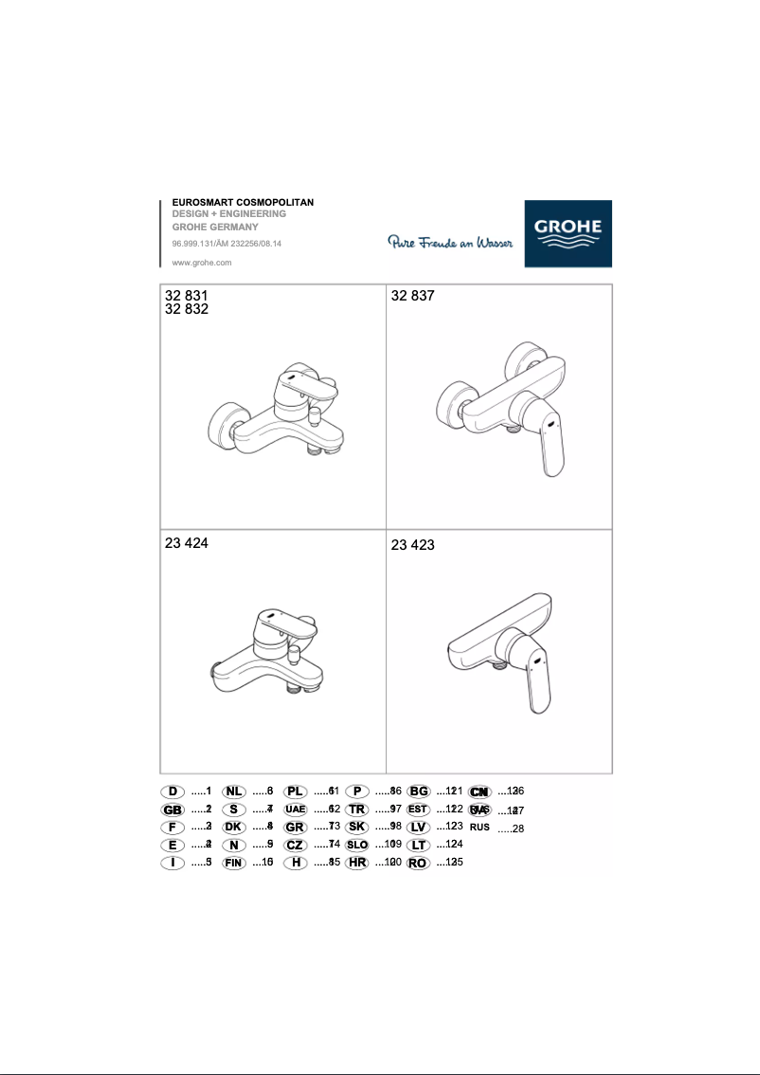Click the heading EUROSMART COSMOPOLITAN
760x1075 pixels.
pos(242,203)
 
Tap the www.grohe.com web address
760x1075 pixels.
pos(202,263)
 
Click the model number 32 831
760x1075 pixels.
pos(186,296)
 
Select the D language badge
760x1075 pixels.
pos(172,792)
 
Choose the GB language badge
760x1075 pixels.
pos(172,810)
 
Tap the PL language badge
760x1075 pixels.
pos(296,792)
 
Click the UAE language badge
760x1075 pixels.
pos(296,810)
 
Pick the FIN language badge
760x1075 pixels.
pos(234,864)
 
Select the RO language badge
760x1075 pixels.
pos(418,864)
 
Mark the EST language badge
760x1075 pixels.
pos(418,810)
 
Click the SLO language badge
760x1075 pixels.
pos(357,845)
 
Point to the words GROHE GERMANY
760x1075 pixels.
pos(214,228)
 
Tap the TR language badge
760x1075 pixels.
pos(357,810)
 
